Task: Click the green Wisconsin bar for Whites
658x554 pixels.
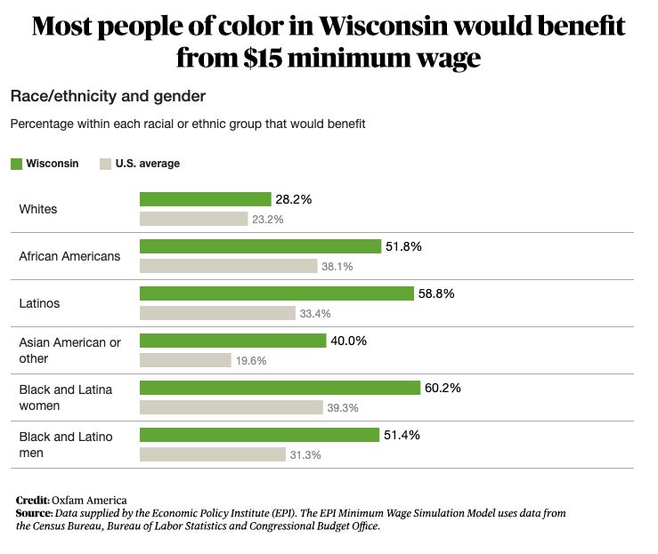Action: pos(205,199)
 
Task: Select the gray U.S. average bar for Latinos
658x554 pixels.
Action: pos(217,313)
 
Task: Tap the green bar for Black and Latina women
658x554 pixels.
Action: pos(280,388)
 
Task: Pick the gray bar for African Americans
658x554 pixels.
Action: pos(228,266)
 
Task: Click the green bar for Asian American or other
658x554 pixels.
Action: pos(232,341)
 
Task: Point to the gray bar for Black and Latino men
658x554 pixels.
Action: pos(212,454)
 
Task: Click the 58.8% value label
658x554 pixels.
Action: pos(437,293)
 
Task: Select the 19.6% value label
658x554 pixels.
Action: pos(251,361)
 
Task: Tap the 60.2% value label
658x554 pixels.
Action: pos(443,388)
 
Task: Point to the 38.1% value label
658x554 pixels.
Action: pos(337,266)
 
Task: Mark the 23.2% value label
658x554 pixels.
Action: pos(268,219)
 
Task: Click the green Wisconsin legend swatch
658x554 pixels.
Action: pos(16,164)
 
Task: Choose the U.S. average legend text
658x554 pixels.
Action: pos(147,164)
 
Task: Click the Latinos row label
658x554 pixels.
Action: pos(39,303)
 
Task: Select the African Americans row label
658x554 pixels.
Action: pos(69,256)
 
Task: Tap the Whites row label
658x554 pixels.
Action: pos(38,209)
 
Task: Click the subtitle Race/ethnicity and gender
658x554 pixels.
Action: pos(108,95)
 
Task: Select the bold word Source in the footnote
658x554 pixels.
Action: pos(34,513)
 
